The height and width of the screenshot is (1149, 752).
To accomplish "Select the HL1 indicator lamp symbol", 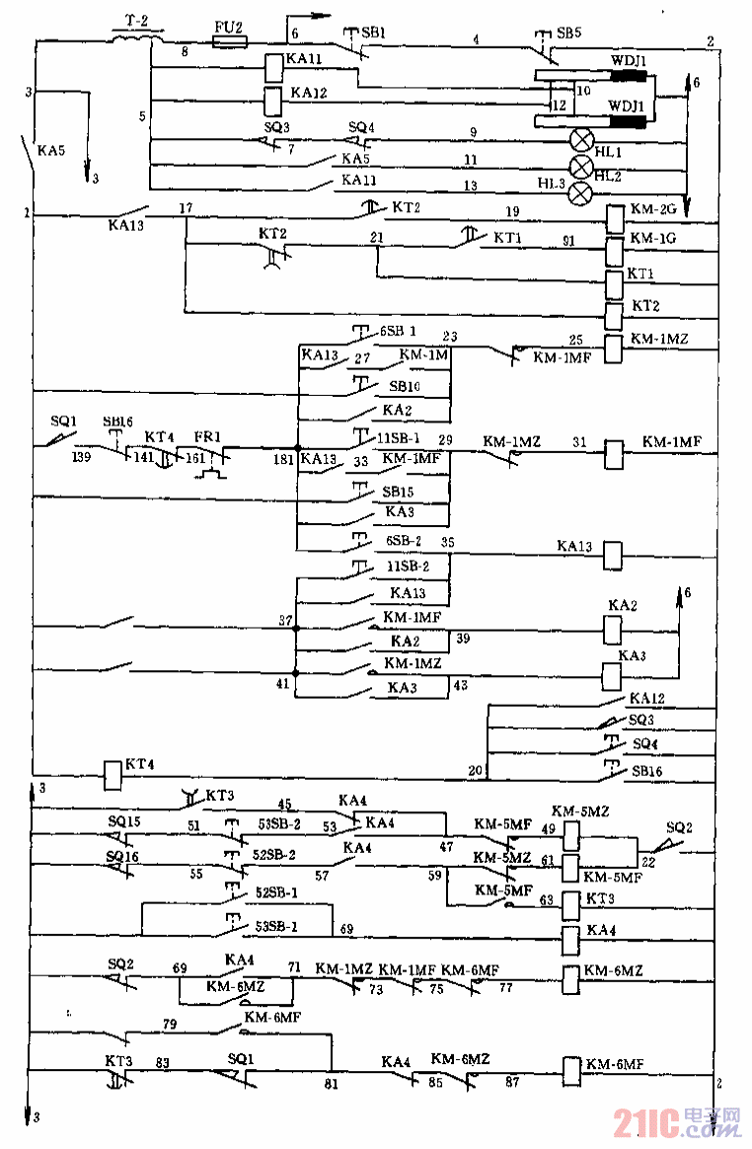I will click(582, 138).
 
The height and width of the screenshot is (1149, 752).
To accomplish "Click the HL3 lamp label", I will click(552, 183).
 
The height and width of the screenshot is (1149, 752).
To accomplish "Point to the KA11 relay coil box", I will click(272, 66).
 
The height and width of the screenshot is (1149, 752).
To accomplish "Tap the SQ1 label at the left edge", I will click(63, 420).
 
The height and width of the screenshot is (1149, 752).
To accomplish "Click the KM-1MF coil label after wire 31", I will click(671, 441).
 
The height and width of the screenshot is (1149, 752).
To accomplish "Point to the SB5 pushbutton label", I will click(568, 33).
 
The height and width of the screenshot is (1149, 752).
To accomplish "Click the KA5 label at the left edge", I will click(52, 151).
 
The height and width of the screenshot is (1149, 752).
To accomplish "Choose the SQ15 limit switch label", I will click(124, 821).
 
